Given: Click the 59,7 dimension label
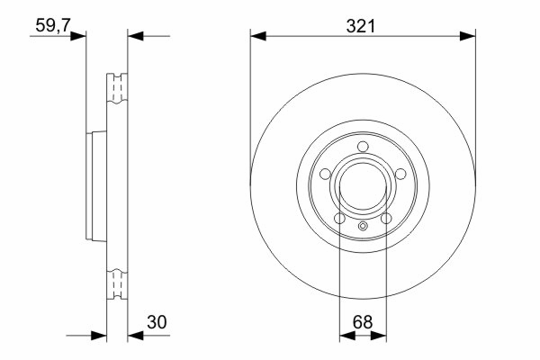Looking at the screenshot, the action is (x=53, y=25).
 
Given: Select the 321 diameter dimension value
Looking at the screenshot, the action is (x=361, y=26).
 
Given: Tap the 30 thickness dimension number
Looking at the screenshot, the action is (x=157, y=322).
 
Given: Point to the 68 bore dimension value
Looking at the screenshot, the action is (x=363, y=322).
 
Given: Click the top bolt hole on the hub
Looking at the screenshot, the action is (x=363, y=147).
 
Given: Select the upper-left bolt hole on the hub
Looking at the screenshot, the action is (x=325, y=174).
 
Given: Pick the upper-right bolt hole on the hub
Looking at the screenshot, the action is (x=400, y=174).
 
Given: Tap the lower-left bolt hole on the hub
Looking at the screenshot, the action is (x=339, y=218).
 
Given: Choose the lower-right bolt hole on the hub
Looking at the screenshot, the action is (x=386, y=218).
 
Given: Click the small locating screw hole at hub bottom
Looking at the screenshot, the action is (x=363, y=226).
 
